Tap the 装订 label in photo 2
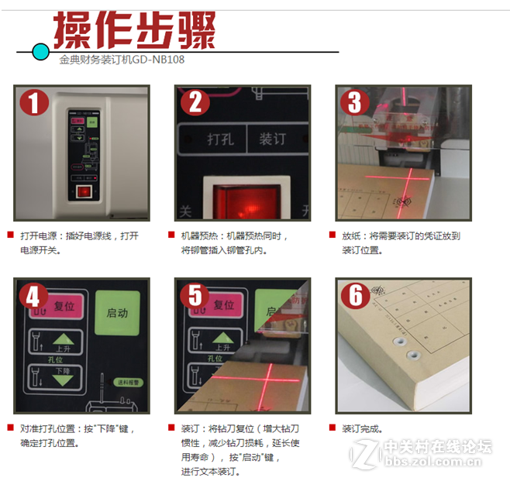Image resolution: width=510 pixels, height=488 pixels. (x=272, y=140)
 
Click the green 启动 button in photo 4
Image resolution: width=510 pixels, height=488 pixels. (x=116, y=314)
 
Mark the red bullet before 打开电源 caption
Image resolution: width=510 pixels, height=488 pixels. (x=10, y=234)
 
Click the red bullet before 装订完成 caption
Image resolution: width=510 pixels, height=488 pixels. (x=333, y=427)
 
